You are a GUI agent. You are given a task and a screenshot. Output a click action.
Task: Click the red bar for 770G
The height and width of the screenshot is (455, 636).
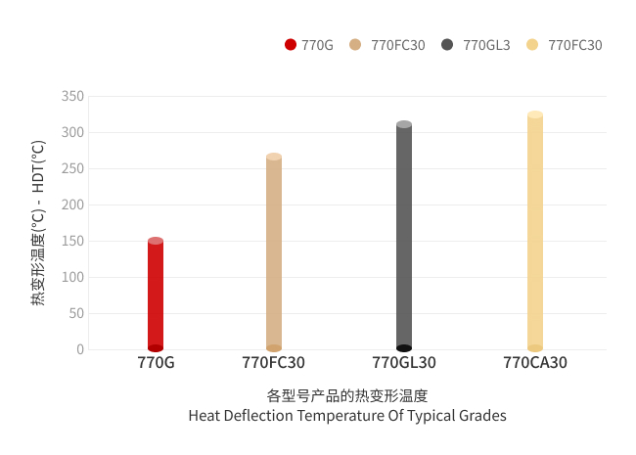156,295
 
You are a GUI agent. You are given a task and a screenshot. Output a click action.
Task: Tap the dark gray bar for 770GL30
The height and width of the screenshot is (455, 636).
404,236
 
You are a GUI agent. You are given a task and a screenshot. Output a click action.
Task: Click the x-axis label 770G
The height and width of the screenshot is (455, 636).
156,363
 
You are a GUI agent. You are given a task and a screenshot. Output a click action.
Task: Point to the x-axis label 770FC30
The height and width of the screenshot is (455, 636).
274,363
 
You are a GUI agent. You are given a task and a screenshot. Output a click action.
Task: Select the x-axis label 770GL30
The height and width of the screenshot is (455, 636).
404,363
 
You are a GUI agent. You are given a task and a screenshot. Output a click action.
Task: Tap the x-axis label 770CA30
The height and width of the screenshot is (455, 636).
535,363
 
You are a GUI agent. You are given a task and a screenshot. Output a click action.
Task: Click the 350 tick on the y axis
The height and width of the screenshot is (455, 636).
72,96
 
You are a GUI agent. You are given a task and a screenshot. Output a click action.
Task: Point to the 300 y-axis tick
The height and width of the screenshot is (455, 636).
72,132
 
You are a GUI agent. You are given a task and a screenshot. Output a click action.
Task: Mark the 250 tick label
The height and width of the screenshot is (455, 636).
72,168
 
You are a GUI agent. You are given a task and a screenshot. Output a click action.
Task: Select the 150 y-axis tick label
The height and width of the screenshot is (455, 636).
72,241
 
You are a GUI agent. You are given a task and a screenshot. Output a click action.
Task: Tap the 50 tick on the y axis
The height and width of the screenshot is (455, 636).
76,313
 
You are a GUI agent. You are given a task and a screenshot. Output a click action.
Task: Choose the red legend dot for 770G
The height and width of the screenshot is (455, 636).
291,44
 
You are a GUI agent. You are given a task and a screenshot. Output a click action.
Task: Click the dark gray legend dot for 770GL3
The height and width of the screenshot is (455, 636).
447,44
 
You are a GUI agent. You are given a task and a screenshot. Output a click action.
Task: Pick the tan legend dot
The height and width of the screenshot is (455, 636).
355,44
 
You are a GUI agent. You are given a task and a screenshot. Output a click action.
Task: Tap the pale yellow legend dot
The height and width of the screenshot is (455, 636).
532,44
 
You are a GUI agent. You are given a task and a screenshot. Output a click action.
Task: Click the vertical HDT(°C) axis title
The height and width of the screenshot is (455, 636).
38,223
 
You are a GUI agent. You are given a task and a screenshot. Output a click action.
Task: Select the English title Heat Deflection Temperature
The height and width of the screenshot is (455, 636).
347,416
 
